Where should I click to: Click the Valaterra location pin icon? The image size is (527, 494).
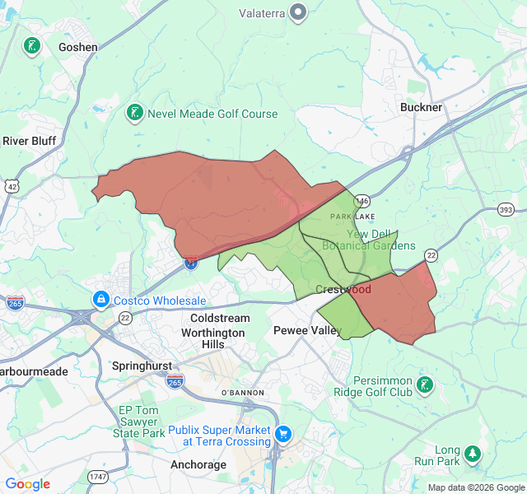click(x=298, y=12)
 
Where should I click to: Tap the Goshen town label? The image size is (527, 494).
click(x=78, y=47)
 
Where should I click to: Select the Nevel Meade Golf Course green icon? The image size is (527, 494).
click(x=133, y=113)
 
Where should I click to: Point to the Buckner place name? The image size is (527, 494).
click(x=421, y=107)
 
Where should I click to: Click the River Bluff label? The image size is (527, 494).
click(x=29, y=141)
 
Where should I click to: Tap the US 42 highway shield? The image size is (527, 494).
click(x=12, y=187)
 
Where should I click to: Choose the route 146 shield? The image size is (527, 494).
click(x=362, y=201)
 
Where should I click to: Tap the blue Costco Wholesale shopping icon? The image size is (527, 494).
click(x=100, y=300)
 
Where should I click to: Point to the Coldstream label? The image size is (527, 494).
click(x=220, y=318)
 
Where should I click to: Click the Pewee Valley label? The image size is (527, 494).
click(x=307, y=330)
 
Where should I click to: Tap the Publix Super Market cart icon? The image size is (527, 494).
click(x=283, y=433)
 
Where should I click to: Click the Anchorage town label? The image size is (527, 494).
click(x=198, y=464)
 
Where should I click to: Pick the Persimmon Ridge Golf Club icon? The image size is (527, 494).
click(x=424, y=384)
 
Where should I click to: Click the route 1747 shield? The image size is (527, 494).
click(x=99, y=477)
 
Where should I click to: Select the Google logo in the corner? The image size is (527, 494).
click(x=28, y=484)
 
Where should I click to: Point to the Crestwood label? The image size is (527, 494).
click(x=343, y=290)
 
